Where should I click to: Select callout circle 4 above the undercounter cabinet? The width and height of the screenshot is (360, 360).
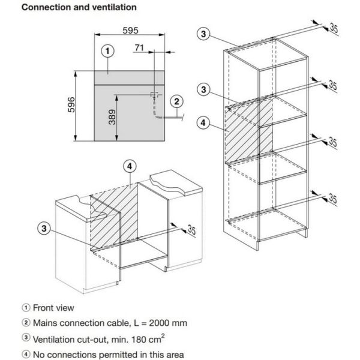[x=129, y=166]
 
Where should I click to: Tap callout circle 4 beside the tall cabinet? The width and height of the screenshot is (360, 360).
[x=204, y=123]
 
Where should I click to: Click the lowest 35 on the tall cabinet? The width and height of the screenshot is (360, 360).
[x=334, y=199]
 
